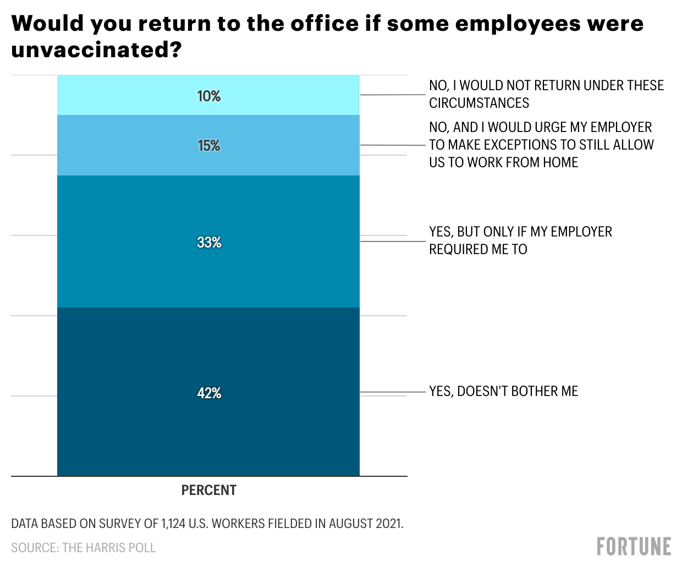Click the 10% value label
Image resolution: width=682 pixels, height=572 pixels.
[209, 96]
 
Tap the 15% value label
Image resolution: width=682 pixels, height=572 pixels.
[209, 146]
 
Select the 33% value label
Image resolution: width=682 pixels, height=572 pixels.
[209, 243]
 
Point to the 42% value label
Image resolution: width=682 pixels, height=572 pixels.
[209, 393]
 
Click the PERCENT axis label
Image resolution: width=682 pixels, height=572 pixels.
[209, 490]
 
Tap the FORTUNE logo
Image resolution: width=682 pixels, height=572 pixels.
[634, 547]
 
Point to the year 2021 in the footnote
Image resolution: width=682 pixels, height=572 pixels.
[388, 524]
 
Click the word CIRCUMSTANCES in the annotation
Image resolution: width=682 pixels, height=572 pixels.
[479, 103]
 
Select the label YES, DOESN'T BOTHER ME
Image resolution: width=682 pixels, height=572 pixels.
[504, 391]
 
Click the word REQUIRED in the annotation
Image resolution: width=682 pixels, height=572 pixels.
[459, 249]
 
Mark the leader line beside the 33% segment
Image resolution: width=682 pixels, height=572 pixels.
[393, 241]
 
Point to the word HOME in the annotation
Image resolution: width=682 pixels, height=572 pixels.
[560, 162]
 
